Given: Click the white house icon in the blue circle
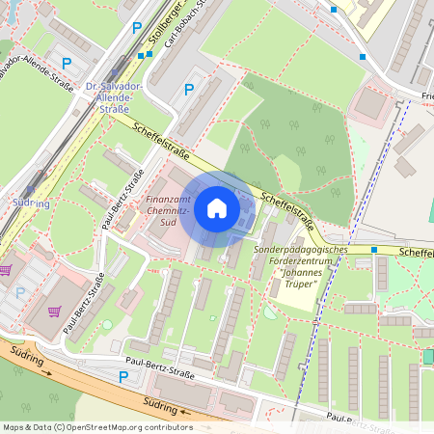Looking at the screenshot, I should (217, 208).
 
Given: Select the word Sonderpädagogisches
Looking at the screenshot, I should (300, 248).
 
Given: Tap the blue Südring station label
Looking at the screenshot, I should (32, 203).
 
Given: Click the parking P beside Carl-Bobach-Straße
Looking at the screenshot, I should (189, 90).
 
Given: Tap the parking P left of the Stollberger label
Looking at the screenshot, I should (136, 29).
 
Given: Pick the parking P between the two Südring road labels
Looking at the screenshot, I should (122, 377).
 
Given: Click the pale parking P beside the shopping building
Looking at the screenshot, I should (20, 291).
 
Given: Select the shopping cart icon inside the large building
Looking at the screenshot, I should (55, 311).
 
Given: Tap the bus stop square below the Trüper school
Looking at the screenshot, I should (374, 250).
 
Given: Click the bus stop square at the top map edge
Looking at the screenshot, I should (334, 10).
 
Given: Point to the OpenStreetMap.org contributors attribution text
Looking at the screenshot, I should (122, 427).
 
